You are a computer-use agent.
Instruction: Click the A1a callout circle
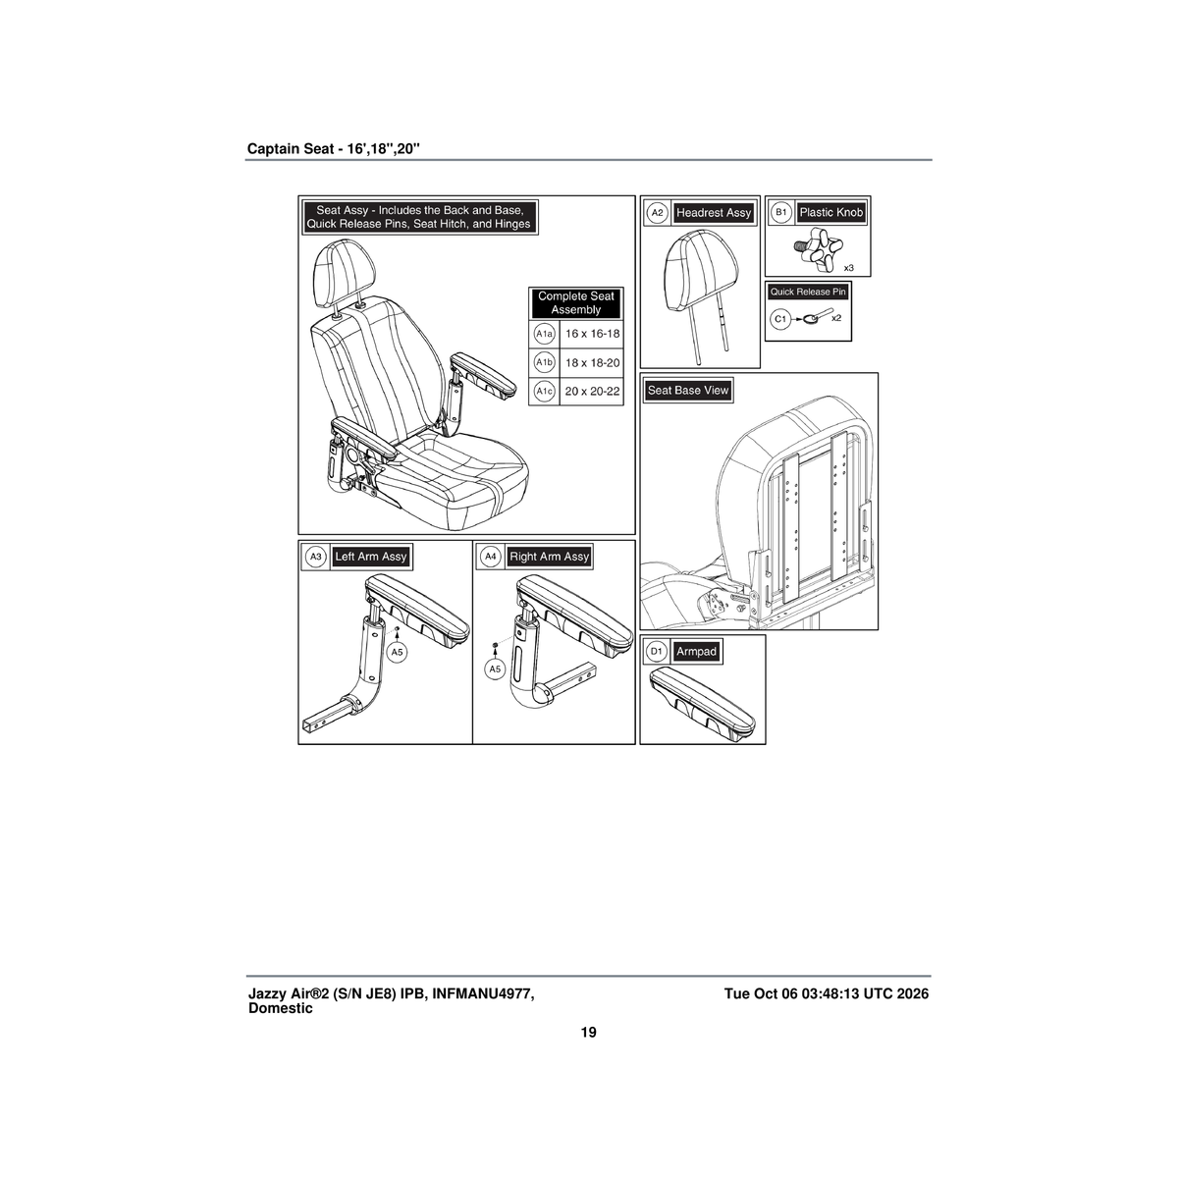click(x=544, y=334)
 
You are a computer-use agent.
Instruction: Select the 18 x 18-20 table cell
click(x=592, y=363)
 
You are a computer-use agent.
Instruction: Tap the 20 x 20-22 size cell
click(x=592, y=392)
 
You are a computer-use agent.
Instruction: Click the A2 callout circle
click(x=657, y=213)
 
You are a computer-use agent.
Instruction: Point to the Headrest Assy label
click(x=714, y=213)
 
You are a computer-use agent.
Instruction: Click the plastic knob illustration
click(x=818, y=249)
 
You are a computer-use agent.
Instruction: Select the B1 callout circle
click(x=781, y=213)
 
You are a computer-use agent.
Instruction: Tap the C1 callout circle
click(x=780, y=319)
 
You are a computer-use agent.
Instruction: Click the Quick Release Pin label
click(x=808, y=292)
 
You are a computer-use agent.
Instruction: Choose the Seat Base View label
click(x=688, y=390)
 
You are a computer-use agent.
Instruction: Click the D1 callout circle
click(x=657, y=652)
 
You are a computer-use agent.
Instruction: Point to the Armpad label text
click(x=696, y=652)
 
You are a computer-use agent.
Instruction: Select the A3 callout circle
click(x=316, y=557)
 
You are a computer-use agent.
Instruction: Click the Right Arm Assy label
click(x=549, y=557)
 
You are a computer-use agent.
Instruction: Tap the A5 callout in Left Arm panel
click(x=398, y=652)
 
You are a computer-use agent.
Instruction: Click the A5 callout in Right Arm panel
click(x=495, y=669)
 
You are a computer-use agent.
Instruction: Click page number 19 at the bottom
click(x=588, y=1033)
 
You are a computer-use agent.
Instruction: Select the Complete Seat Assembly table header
click(x=576, y=303)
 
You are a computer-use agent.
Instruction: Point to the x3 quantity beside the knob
click(x=848, y=268)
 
